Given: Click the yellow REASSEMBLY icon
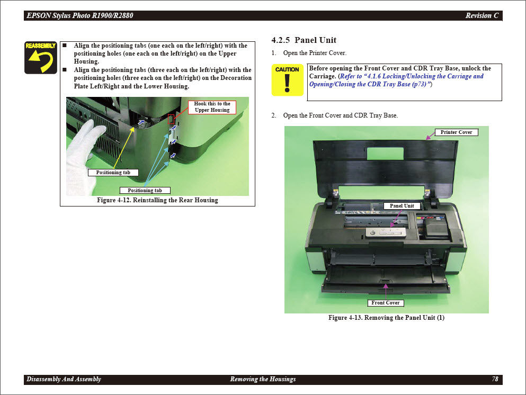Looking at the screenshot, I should tap(41, 58).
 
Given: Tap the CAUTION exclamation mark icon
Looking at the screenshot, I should tap(287, 80).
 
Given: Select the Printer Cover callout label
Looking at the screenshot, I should tap(456, 132).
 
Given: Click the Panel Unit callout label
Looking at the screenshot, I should tap(402, 206).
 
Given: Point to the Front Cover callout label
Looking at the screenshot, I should tap(385, 303).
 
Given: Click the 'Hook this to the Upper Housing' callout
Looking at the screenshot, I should tap(212, 107).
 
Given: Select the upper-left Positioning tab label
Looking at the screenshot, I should tap(113, 173).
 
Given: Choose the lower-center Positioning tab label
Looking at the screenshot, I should tap(145, 191).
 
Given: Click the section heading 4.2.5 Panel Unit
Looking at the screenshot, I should tap(304, 40).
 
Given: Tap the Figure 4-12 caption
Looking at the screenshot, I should tap(157, 200).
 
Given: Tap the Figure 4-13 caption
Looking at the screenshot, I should tap(386, 318).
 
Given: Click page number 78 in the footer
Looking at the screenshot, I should tap(495, 379).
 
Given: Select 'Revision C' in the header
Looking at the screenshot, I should tap(482, 15).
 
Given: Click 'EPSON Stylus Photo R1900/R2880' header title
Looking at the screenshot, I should tap(80, 15).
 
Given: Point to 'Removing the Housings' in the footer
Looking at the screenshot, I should tap(263, 379).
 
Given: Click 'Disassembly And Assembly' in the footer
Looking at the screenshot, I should tap(64, 379).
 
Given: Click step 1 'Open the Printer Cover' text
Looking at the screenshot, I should tap(315, 53).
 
